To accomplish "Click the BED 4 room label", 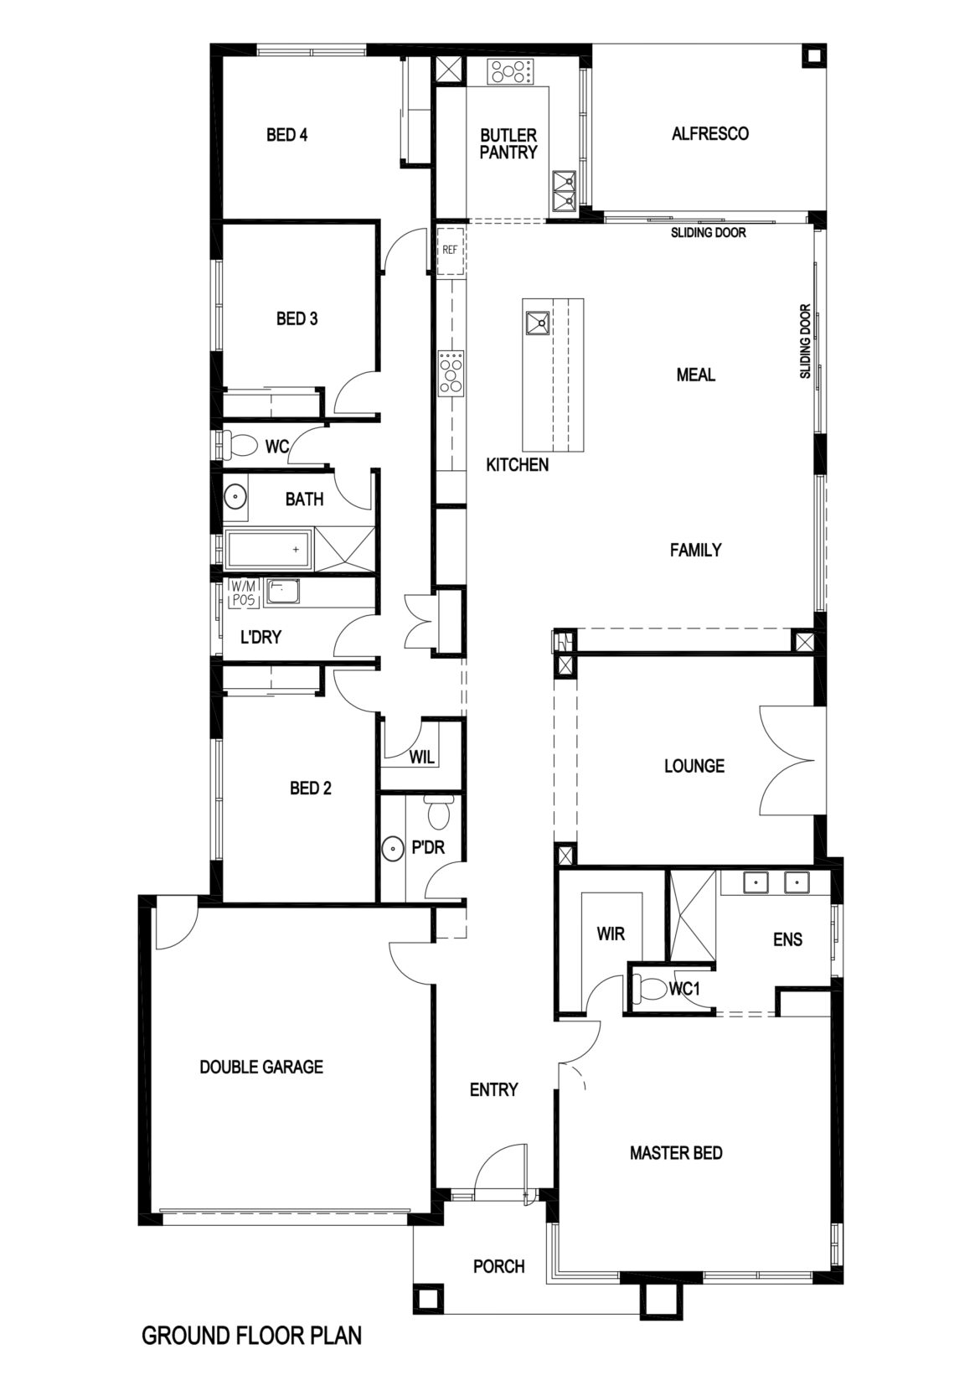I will click(x=286, y=135).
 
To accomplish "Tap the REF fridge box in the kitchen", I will click(x=450, y=250).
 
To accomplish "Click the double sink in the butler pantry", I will click(x=564, y=189).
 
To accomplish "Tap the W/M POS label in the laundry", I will click(x=245, y=592).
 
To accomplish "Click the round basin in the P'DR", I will click(x=393, y=848).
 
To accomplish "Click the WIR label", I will click(x=611, y=933).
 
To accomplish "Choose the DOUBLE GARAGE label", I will click(x=261, y=1067).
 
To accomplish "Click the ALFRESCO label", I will click(x=710, y=133).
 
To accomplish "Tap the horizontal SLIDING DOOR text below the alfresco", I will click(x=708, y=232).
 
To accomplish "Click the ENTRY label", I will click(x=493, y=1089).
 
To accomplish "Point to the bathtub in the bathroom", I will click(x=267, y=550).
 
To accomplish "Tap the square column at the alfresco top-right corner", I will click(x=812, y=57).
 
